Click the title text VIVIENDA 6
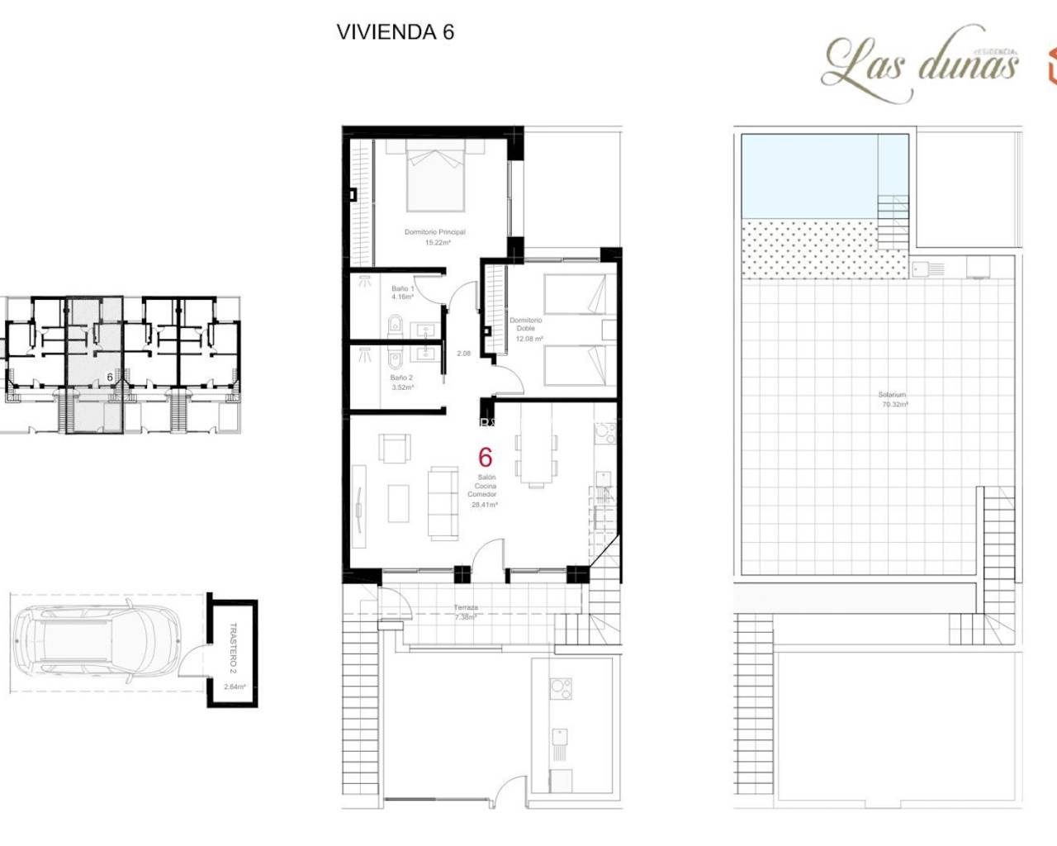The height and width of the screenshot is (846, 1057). coord(396,32)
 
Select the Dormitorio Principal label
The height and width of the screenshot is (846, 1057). coord(434,232)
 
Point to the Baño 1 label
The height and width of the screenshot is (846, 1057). coord(402,288)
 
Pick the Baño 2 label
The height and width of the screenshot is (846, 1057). coord(401,378)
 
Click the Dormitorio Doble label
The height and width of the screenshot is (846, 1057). coord(526,324)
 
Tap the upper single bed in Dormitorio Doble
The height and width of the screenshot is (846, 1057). coord(575,295)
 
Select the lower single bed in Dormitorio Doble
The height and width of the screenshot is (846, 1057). coord(575,365)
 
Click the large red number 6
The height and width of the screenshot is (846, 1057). coord(486,457)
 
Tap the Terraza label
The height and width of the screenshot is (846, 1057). coord(466,608)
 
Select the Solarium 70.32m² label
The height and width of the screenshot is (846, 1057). coord(893,400)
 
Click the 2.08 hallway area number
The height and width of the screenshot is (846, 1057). coord(464,354)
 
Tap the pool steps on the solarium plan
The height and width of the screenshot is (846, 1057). coord(893,216)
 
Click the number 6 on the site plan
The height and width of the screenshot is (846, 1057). coord(110,377)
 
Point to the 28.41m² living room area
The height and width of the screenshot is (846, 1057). coord(484,505)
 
